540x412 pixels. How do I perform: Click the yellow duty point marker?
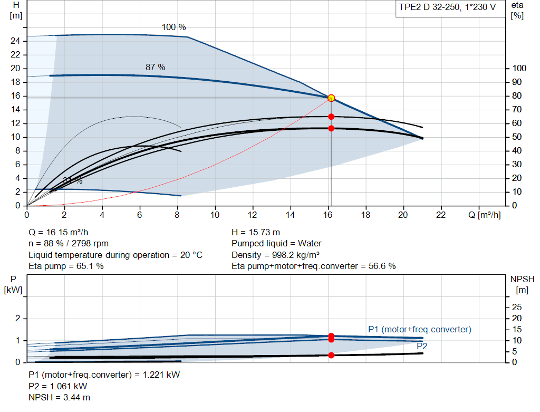(x=331, y=98)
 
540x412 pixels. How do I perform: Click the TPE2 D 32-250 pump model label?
(x=447, y=7)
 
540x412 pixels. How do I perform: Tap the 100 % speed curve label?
(x=174, y=27)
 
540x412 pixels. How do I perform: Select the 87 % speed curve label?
(x=156, y=67)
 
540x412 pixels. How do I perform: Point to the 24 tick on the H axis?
(x=15, y=41)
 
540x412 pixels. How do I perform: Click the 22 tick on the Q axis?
(x=440, y=215)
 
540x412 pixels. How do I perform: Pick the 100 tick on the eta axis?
(x=519, y=68)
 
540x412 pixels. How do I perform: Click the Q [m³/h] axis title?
(x=485, y=215)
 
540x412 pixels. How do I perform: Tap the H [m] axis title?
(x=16, y=11)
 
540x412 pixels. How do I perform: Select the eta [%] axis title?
(x=517, y=11)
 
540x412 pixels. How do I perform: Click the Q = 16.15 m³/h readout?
(x=59, y=232)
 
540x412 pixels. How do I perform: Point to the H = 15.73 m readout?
(x=256, y=232)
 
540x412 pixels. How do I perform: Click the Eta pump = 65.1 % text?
(x=66, y=266)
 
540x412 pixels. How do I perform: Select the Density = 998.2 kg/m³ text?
(x=275, y=255)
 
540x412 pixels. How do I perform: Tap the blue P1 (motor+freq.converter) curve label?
(x=420, y=329)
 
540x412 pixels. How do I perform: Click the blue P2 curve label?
(x=422, y=346)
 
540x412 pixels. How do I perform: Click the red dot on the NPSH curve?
(x=331, y=355)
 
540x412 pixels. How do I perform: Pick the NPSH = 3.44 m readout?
(x=59, y=397)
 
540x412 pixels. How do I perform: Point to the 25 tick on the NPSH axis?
(x=517, y=307)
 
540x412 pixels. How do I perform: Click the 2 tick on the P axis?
(x=17, y=318)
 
